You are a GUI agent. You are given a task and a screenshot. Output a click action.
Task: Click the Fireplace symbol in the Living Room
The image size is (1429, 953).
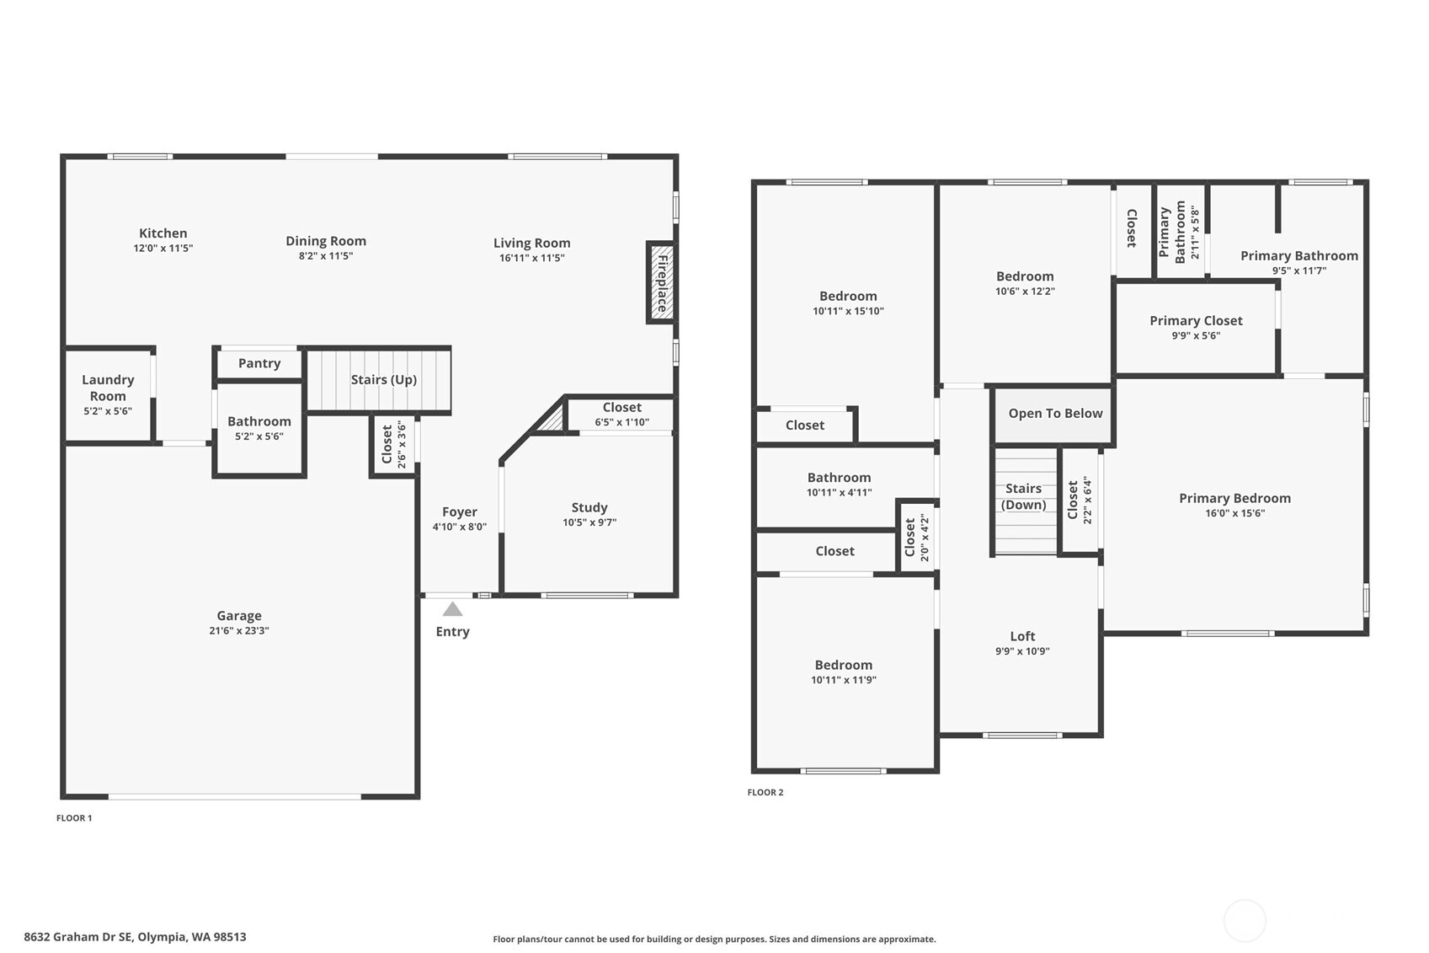pyautogui.click(x=662, y=283)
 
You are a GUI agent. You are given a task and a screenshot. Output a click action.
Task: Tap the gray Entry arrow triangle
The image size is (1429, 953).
pyautogui.click(x=452, y=609)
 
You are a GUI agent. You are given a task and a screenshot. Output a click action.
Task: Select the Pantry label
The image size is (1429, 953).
pyautogui.click(x=259, y=363)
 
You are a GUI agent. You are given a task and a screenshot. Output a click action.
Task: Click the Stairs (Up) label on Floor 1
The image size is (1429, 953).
pyautogui.click(x=383, y=379)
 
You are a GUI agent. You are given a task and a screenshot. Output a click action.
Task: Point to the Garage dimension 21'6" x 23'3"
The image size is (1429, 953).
pyautogui.click(x=239, y=630)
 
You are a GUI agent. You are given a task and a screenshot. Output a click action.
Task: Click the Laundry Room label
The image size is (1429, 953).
pyautogui.click(x=108, y=388)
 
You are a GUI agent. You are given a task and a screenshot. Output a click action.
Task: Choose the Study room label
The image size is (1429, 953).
pyautogui.click(x=589, y=507)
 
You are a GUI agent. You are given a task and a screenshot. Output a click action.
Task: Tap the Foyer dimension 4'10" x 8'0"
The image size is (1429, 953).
pyautogui.click(x=459, y=527)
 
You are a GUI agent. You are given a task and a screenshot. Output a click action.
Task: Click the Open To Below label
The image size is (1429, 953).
pyautogui.click(x=1054, y=413)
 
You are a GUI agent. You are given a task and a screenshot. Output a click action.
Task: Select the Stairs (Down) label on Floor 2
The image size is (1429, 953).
pyautogui.click(x=1023, y=496)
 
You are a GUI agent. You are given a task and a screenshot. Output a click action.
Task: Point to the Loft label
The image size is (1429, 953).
pyautogui.click(x=1022, y=636)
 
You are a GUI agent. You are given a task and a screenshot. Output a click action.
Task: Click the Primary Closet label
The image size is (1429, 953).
pyautogui.click(x=1195, y=320)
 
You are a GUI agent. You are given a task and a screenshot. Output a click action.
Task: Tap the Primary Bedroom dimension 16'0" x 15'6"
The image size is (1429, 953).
pyautogui.click(x=1234, y=513)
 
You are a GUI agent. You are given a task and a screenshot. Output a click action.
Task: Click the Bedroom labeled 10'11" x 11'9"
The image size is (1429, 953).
pyautogui.click(x=843, y=665)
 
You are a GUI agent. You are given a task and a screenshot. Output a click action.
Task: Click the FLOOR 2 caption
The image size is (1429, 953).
pyautogui.click(x=765, y=792)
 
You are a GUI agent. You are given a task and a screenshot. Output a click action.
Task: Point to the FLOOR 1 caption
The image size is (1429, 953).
pyautogui.click(x=74, y=818)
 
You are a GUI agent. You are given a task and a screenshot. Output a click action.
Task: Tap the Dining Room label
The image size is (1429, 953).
pyautogui.click(x=325, y=241)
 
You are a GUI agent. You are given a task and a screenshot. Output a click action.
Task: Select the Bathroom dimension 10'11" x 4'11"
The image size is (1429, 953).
pyautogui.click(x=839, y=493)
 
